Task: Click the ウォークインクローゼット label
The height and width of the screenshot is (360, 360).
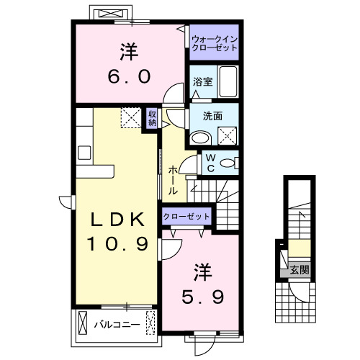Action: pos(214,42)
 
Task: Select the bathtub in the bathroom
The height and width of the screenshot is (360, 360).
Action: pos(228,82)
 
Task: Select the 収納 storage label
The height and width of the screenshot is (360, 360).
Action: pos(153,117)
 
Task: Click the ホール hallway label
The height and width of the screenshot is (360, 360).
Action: pos(174,180)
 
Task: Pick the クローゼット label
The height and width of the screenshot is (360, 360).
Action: pos(186,217)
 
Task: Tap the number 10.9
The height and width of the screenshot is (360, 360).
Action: pos(120,244)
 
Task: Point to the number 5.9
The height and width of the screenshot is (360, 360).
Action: pos(202,295)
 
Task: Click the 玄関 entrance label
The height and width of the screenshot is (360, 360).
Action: pos(300,271)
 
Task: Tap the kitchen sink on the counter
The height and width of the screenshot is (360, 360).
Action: pos(84,153)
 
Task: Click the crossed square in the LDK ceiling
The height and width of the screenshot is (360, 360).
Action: pos(130,117)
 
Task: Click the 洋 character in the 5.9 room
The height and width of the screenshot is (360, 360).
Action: pos(202,271)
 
